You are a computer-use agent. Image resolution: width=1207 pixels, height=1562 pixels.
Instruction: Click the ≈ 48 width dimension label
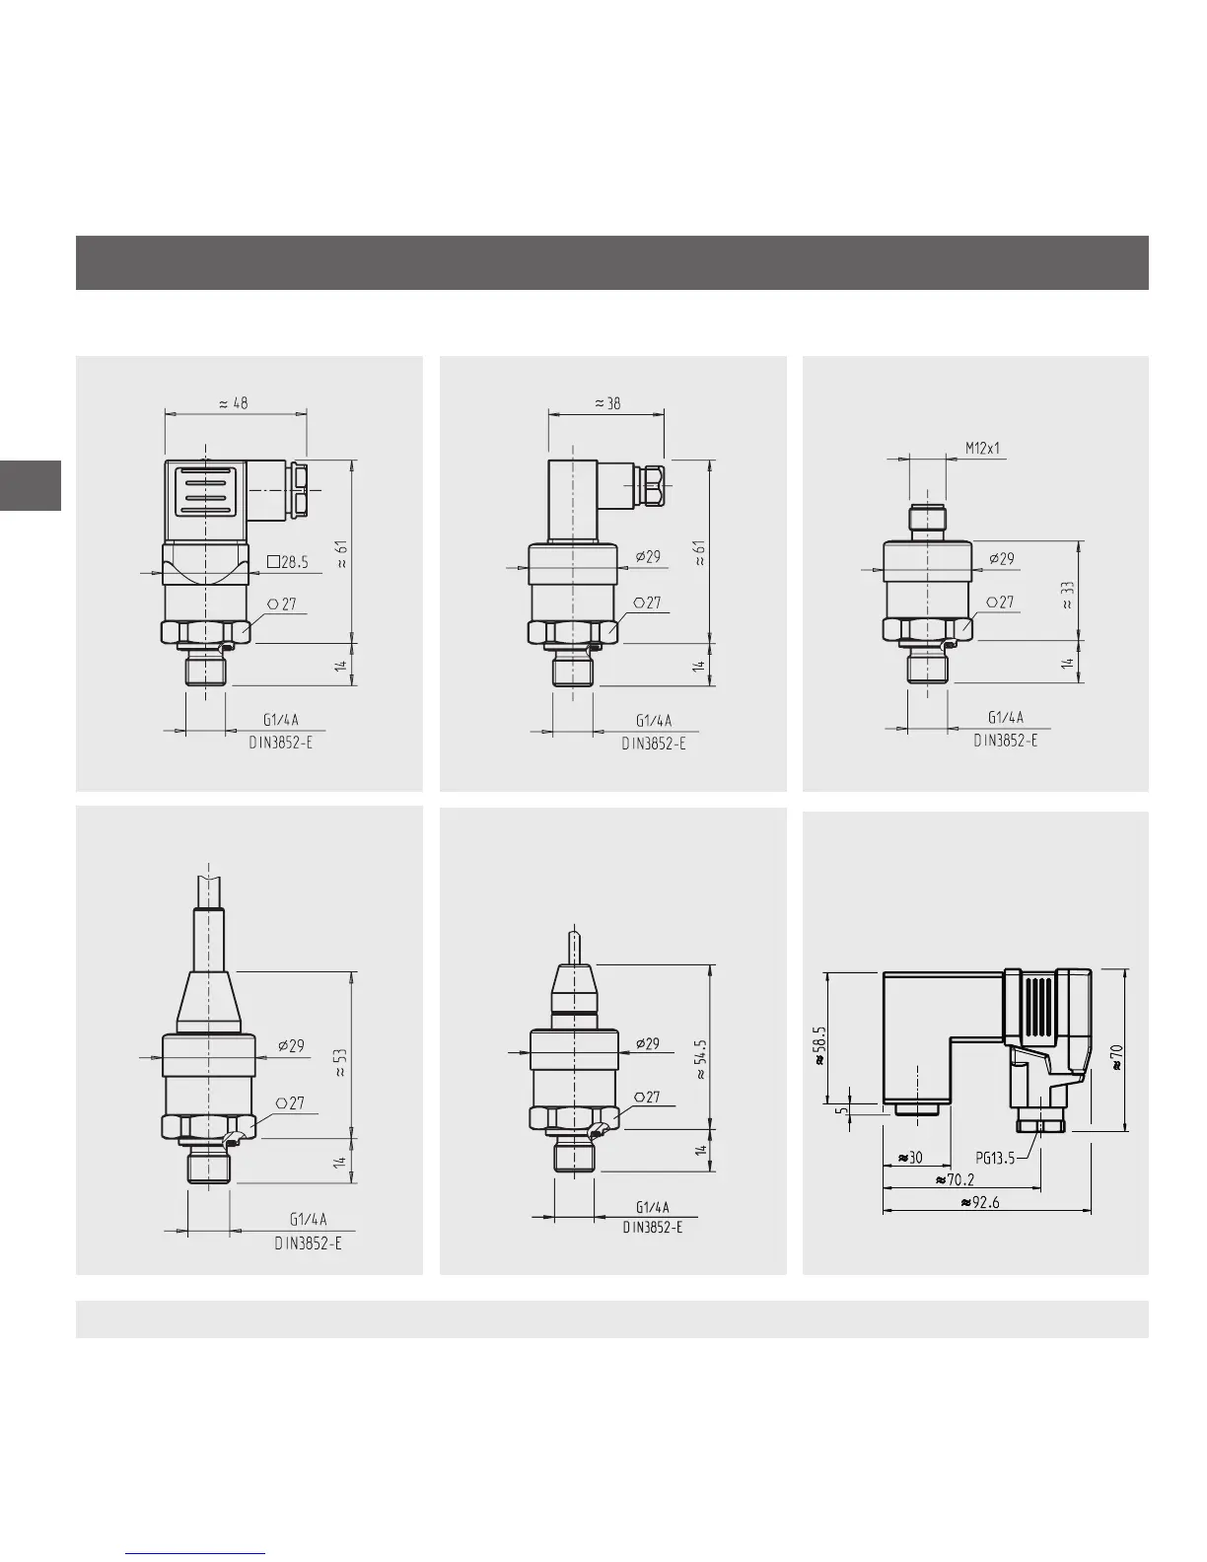point(234,403)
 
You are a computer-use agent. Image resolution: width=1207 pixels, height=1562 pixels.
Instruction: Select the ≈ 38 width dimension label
point(607,403)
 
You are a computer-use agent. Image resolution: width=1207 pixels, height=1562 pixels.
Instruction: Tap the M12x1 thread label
point(982,449)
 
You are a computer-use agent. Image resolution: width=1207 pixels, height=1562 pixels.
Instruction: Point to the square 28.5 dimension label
point(288,562)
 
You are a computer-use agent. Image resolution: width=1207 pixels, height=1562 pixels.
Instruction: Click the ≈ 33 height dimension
point(1068,596)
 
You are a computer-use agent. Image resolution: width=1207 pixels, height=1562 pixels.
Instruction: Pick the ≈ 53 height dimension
point(340,1062)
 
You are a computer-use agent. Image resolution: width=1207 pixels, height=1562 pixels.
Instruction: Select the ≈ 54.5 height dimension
point(701,1059)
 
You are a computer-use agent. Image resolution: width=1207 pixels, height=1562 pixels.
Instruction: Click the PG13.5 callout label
point(995,1158)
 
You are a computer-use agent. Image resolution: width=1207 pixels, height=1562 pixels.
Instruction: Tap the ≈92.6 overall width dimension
point(980,1203)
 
